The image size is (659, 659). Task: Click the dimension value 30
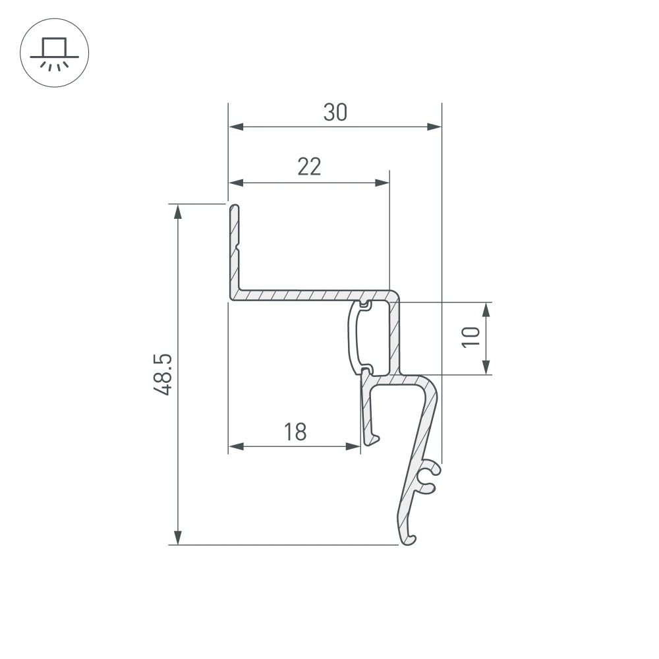[x=335, y=113]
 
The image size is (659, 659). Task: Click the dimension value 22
[x=308, y=167]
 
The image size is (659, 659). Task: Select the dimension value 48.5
[x=163, y=374]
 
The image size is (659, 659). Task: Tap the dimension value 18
[x=295, y=432]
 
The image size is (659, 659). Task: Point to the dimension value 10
[x=471, y=337]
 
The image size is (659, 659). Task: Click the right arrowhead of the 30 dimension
[x=434, y=127]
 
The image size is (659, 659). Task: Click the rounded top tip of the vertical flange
[x=235, y=208]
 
